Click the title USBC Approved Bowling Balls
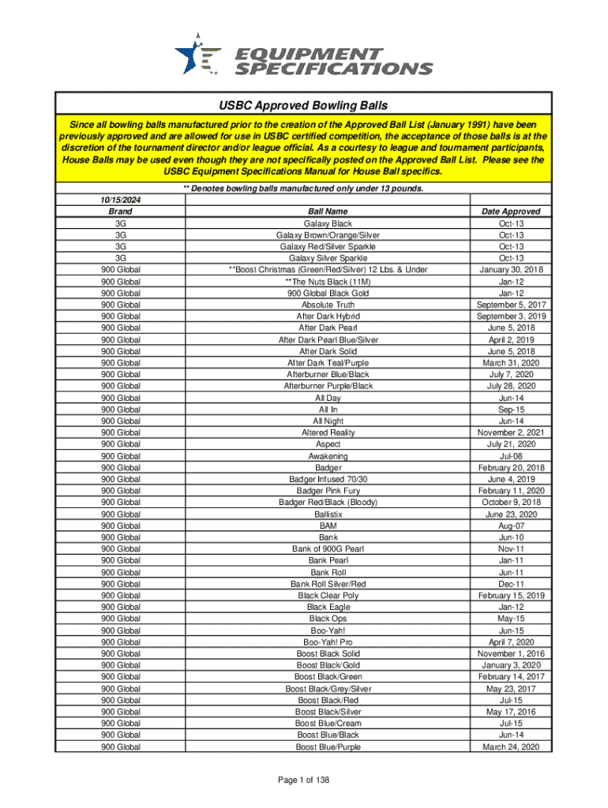pos(303,105)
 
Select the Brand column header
pos(121,211)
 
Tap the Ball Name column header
pos(328,211)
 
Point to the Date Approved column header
pos(511,211)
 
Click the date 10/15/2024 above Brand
pos(121,200)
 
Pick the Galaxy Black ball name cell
pos(328,223)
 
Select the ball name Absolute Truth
pos(328,305)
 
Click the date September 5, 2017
pos(511,305)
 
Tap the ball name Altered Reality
pos(328,432)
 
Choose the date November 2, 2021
pos(511,432)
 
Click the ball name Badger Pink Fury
pos(328,491)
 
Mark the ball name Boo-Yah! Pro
pos(328,642)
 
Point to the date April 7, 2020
pos(511,642)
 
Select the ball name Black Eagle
pos(328,608)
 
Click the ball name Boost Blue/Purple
pos(328,746)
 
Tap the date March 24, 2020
pos(511,746)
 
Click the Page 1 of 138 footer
pos(303,780)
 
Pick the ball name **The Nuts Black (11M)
pos(328,282)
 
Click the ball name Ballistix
pos(328,514)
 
